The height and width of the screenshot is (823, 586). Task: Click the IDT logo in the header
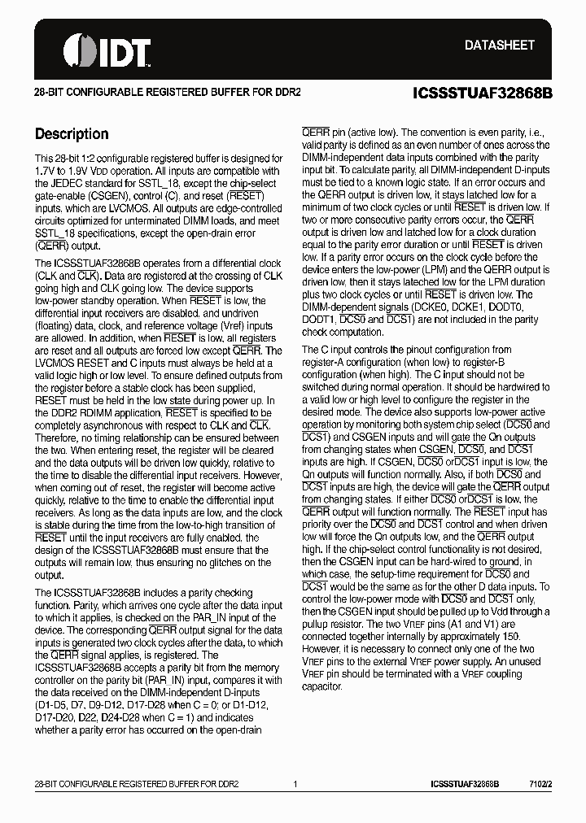(x=107, y=49)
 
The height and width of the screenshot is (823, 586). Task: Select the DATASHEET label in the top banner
(x=499, y=46)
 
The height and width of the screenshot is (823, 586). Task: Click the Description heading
(x=72, y=134)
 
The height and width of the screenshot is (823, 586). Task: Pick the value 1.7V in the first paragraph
(x=46, y=171)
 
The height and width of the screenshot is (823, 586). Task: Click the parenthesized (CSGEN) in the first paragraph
(x=120, y=195)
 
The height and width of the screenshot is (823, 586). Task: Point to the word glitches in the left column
(x=221, y=562)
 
